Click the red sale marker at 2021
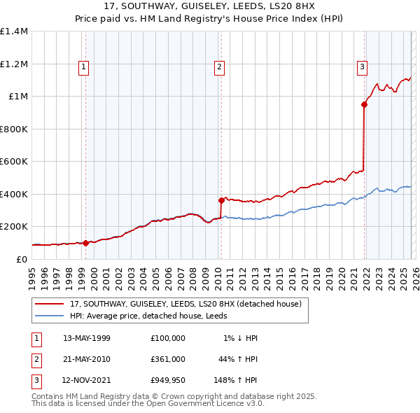(x=364, y=105)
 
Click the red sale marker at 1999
(x=85, y=243)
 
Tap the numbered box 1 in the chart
(x=83, y=67)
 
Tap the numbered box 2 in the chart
(x=219, y=67)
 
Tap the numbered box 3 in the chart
(x=362, y=67)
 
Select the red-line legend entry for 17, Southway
(x=185, y=304)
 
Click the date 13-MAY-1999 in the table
(x=86, y=338)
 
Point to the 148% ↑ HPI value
(x=236, y=380)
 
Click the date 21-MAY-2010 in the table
(x=86, y=359)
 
